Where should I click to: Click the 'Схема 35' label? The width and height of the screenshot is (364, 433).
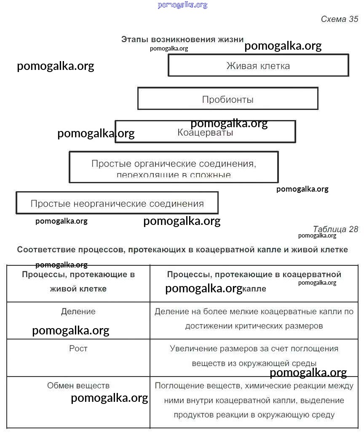[x=339, y=19]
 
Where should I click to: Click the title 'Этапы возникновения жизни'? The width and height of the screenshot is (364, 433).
[x=182, y=39]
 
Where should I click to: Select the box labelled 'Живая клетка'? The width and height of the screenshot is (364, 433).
[x=258, y=66]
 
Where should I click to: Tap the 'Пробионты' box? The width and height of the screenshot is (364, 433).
[x=227, y=99]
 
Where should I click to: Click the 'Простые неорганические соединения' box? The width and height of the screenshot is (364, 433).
[x=117, y=204]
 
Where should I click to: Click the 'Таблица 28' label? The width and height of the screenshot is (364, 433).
[x=335, y=229]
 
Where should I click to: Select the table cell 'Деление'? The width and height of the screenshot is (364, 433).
[x=78, y=312]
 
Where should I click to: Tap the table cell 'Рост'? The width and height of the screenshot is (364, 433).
[x=78, y=349]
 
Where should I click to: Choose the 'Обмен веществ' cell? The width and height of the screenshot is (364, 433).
[x=78, y=385]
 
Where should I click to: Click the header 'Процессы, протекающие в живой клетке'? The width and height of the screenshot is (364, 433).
[x=78, y=281]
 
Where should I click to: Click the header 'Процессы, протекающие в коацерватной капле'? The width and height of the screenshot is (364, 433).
[x=254, y=281]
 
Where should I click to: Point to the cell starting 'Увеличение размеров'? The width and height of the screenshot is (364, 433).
[x=254, y=356]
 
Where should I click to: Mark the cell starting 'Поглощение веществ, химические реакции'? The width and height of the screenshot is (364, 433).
[x=254, y=400]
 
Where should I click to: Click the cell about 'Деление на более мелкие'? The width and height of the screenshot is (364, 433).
[x=254, y=319]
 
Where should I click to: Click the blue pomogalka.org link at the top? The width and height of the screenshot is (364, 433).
[x=182, y=5]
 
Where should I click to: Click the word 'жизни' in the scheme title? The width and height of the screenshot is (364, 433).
[x=230, y=39]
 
